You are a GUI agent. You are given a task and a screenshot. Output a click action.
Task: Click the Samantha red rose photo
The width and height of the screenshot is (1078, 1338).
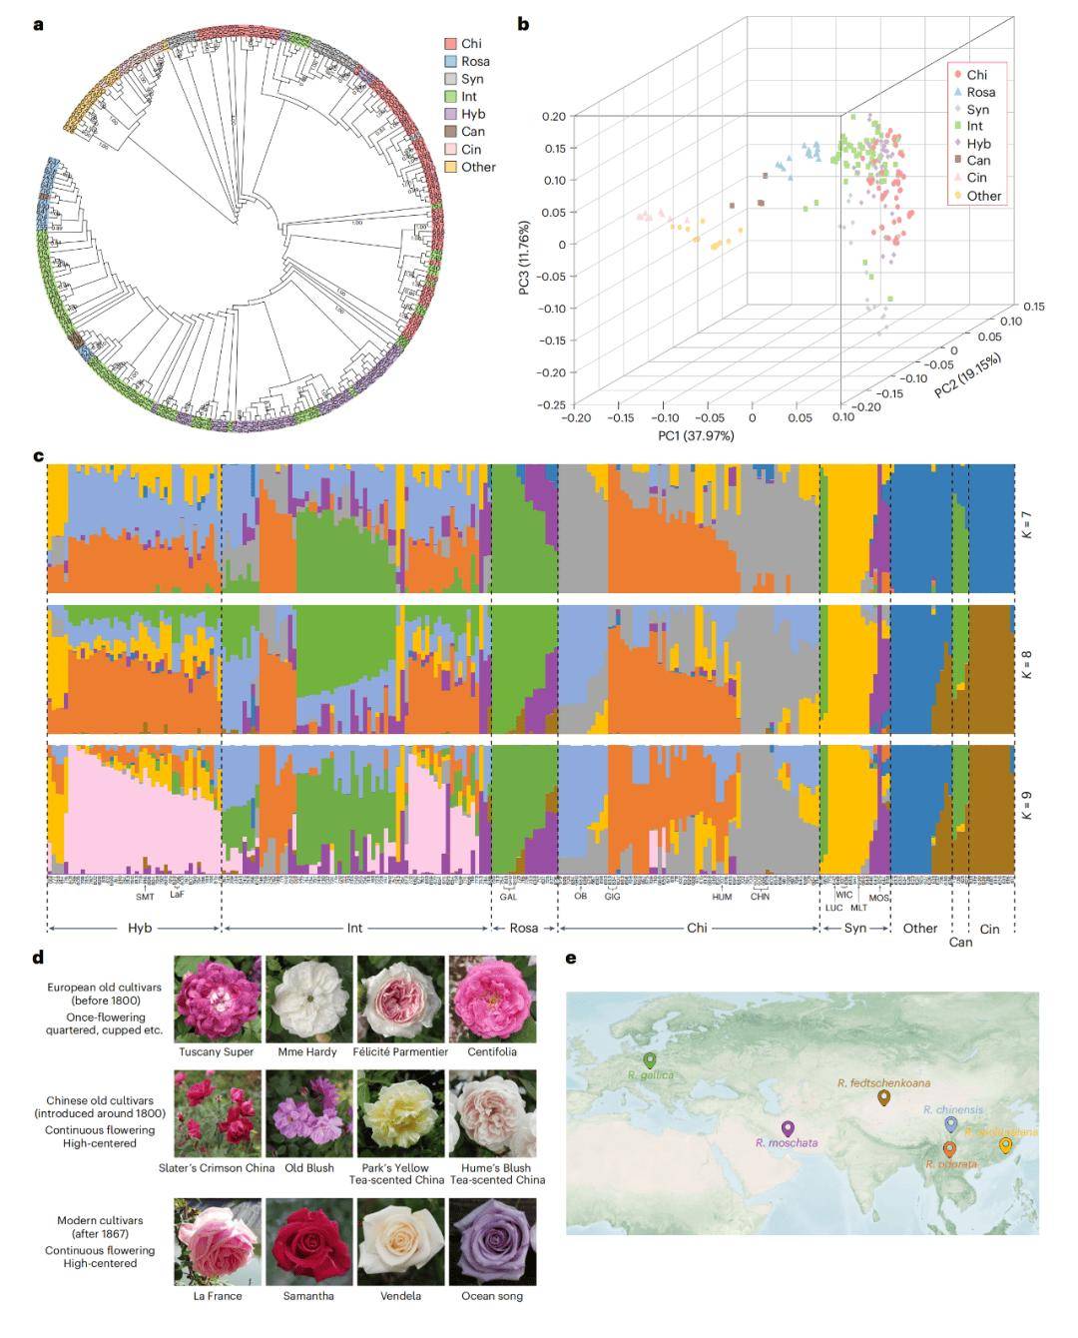point(309,1241)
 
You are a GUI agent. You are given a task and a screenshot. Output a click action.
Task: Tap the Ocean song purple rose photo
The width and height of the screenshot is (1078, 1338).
point(492,1241)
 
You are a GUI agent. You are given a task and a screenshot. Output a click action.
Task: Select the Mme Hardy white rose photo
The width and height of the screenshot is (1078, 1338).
point(309,999)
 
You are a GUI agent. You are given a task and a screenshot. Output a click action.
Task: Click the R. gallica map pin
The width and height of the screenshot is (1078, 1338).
point(650,1059)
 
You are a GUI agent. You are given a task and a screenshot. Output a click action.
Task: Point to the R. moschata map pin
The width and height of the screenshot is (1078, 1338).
point(789,1128)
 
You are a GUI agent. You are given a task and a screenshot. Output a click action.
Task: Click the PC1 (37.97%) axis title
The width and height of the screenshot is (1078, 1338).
point(696,436)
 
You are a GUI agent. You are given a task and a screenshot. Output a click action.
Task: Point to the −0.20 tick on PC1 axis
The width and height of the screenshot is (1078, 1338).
point(576,418)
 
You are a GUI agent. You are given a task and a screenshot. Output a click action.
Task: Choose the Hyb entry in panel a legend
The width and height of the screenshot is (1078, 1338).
point(473,115)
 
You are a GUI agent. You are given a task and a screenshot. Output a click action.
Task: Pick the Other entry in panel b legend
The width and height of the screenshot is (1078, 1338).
point(983,196)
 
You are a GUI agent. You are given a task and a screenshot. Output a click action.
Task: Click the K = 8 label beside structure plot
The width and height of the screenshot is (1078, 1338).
point(1026,665)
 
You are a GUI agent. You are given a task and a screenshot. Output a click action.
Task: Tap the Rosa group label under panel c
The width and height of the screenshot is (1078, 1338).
point(523,928)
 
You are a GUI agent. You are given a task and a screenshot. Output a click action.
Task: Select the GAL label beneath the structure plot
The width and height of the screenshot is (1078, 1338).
point(509,897)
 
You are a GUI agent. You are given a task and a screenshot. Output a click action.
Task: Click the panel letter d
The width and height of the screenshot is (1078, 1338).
point(39,958)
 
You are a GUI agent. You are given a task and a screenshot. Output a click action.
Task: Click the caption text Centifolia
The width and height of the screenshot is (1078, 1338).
point(492,1051)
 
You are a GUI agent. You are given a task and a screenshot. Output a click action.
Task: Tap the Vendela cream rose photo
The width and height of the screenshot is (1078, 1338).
point(401,1241)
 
